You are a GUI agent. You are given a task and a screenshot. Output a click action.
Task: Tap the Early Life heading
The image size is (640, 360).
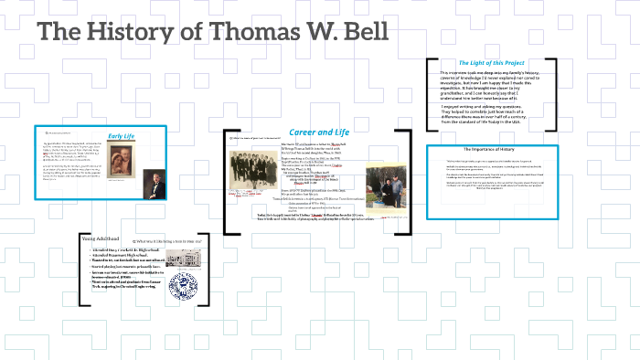point(122,136)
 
